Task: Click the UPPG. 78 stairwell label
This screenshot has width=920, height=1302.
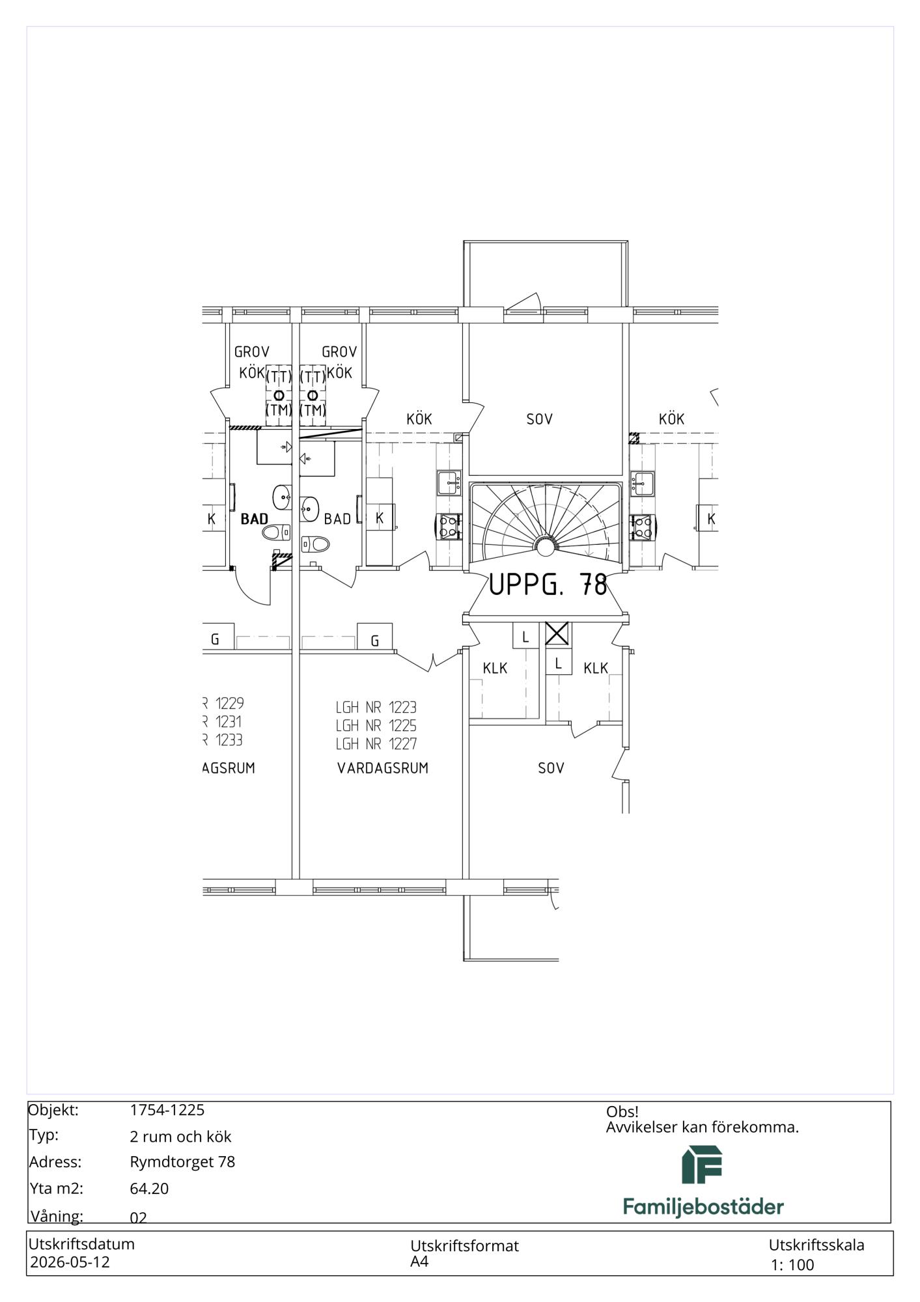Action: pos(548,585)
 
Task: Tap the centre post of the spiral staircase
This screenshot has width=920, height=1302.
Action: pos(545,546)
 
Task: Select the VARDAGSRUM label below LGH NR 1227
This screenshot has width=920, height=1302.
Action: pos(383,768)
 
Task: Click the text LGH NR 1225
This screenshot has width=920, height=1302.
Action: pos(376,725)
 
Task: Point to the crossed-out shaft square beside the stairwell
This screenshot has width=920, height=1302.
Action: pos(557,633)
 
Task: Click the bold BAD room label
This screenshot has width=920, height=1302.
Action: pos(254,519)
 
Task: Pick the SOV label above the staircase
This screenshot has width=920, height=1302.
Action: pos(540,419)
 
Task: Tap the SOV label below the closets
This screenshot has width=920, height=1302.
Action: pos(551,768)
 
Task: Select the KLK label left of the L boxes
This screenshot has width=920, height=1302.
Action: pos(495,668)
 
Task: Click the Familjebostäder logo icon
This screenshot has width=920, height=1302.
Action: pos(702,1165)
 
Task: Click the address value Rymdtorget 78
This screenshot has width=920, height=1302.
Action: pos(182,1162)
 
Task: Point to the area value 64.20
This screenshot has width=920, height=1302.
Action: pos(149,1189)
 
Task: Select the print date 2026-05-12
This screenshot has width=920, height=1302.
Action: pos(70,1262)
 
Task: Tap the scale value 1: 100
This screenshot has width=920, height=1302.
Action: pos(792,1265)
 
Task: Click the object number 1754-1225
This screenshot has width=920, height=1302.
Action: pos(167,1110)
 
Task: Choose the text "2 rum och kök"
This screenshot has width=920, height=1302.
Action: pos(181,1137)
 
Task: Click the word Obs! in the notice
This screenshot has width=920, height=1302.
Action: pos(622,1112)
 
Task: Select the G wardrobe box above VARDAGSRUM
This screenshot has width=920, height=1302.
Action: pos(375,637)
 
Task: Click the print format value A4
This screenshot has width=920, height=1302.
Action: pos(419,1262)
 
